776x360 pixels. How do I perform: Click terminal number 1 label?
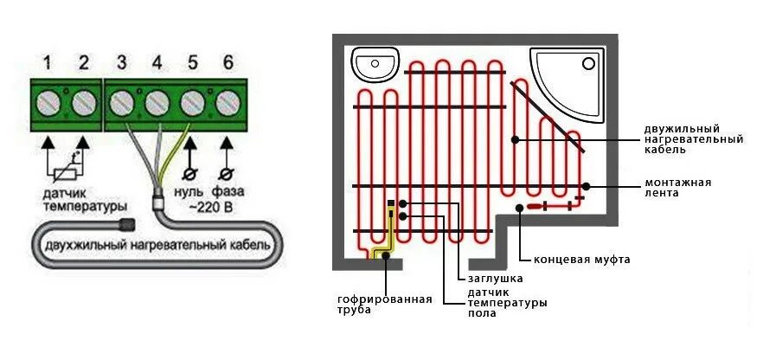tap(47, 62)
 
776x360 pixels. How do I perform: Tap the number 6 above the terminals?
tap(228, 62)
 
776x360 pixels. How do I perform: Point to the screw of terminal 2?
tap(83, 104)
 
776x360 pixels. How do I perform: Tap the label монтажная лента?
tap(677, 187)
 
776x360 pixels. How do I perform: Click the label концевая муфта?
tap(581, 259)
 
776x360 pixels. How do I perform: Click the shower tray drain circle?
tap(589, 62)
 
